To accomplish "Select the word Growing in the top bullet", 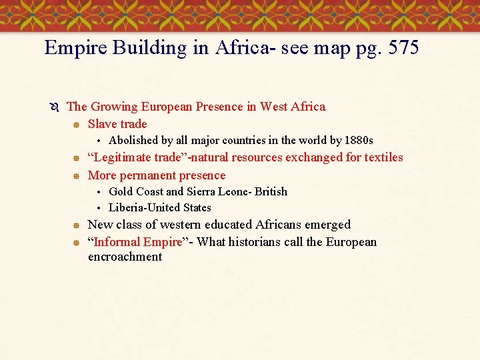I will coord(112,107).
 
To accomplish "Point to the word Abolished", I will coord(133,140).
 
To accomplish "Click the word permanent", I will coord(154,175).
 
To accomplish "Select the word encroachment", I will coord(125,257).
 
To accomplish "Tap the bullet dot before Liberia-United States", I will coord(98,208).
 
